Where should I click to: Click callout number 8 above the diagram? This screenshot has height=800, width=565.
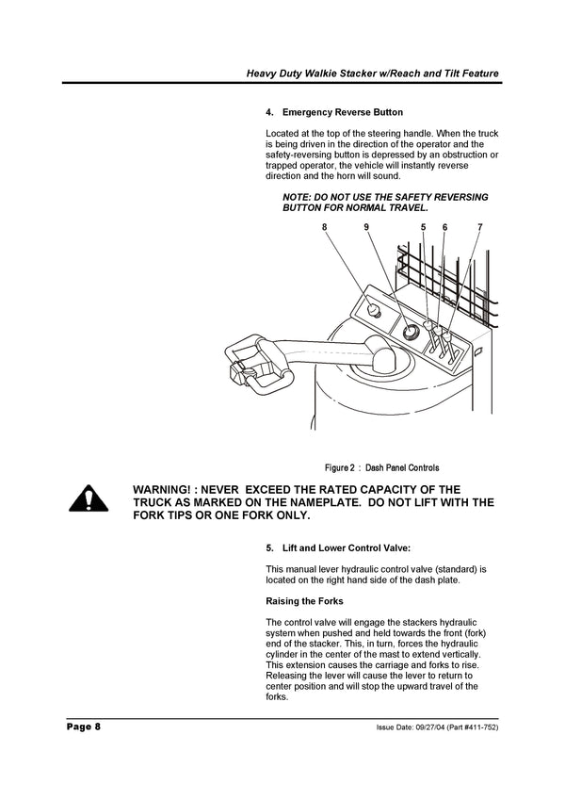point(325,227)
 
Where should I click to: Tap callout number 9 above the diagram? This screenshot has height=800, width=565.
point(366,227)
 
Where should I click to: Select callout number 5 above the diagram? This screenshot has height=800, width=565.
point(423,227)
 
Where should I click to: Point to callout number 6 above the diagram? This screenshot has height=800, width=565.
point(444,227)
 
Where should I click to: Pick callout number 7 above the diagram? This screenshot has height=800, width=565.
point(479,227)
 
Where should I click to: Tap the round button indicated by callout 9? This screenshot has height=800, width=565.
point(411,333)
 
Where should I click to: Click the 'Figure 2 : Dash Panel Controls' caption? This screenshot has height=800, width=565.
point(381,467)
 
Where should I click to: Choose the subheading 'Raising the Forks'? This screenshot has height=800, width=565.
point(305,601)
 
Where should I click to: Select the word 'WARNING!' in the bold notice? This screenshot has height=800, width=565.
point(170,490)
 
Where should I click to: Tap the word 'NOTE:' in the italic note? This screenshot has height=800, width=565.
point(299,196)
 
